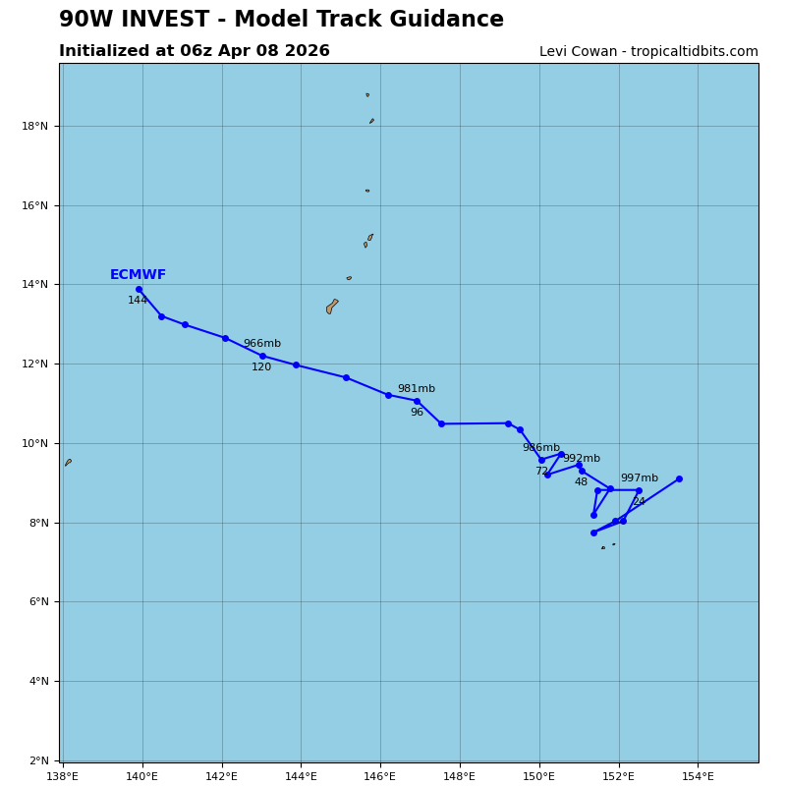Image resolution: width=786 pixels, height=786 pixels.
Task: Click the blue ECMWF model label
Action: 138,275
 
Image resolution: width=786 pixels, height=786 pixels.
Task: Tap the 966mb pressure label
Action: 261,344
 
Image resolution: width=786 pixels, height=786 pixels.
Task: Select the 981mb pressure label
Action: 416,389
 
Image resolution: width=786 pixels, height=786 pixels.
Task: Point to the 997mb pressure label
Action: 639,478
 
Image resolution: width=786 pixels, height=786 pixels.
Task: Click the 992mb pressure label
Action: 581,459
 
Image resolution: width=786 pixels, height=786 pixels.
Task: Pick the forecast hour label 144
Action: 138,301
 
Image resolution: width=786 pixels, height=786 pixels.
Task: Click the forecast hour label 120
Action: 261,367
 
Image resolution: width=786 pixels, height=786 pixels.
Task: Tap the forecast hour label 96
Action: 417,413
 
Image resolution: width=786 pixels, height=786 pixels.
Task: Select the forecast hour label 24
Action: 639,502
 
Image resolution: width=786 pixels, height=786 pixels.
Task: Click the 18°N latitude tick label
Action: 36,126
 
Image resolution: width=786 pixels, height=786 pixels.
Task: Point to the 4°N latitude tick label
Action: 39,681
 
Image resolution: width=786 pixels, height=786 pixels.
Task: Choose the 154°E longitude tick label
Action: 699,776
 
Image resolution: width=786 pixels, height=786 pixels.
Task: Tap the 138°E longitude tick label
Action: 63,776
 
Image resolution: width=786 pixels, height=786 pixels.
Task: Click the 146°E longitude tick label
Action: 380,776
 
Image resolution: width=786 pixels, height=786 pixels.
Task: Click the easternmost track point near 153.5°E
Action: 679,478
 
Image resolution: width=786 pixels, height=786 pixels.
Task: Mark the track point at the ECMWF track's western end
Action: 139,289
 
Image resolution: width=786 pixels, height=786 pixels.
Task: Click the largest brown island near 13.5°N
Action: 331,307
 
